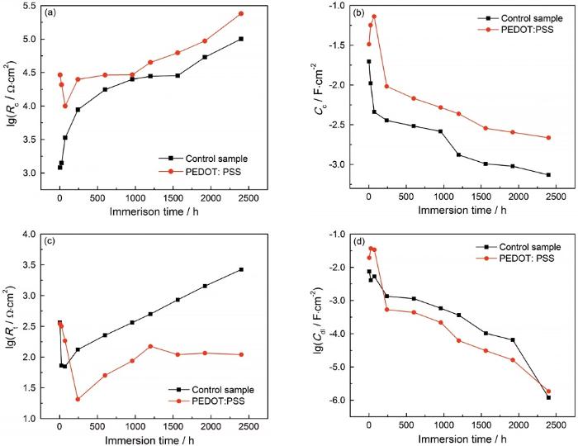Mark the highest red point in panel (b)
pyautogui.click(x=373, y=17)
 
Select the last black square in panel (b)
pyautogui.click(x=548, y=174)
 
